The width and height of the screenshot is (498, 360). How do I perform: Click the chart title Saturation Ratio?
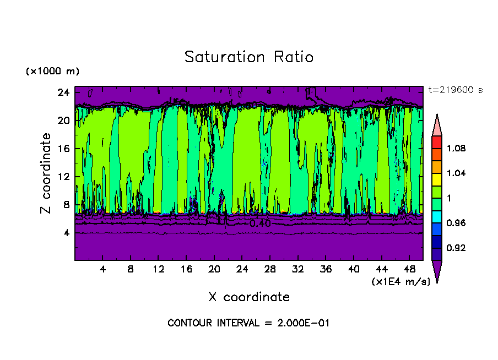[x=249, y=57]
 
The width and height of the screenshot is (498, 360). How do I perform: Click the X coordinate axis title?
[x=249, y=297]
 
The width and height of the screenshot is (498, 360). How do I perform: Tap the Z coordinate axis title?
[x=46, y=173]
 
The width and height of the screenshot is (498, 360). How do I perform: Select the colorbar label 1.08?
[x=457, y=148]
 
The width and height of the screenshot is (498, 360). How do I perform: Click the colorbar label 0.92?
[x=457, y=248]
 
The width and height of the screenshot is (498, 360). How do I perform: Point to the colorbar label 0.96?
[x=457, y=223]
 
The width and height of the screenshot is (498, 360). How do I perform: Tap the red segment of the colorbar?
[x=436, y=141]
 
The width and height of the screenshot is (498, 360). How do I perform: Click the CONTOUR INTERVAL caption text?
[x=248, y=323]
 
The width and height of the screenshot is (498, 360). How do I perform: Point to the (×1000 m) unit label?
[x=52, y=71]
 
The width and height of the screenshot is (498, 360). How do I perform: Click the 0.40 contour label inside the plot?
[x=260, y=223]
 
